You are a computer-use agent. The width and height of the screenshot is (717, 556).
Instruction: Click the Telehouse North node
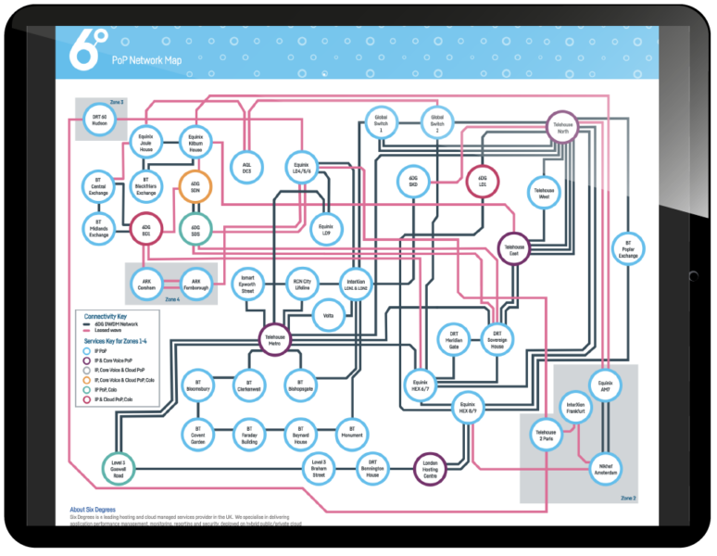pyautogui.click(x=562, y=131)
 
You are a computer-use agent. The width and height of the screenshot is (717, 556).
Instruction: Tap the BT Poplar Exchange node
pyautogui.click(x=628, y=247)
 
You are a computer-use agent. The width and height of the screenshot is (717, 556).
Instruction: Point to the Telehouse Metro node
pyautogui.click(x=275, y=339)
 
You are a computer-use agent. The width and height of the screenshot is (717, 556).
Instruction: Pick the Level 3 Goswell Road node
pyautogui.click(x=119, y=466)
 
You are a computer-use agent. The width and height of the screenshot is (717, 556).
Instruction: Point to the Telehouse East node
pyautogui.click(x=513, y=247)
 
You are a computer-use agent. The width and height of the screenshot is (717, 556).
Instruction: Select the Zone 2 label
pyautogui.click(x=627, y=498)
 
